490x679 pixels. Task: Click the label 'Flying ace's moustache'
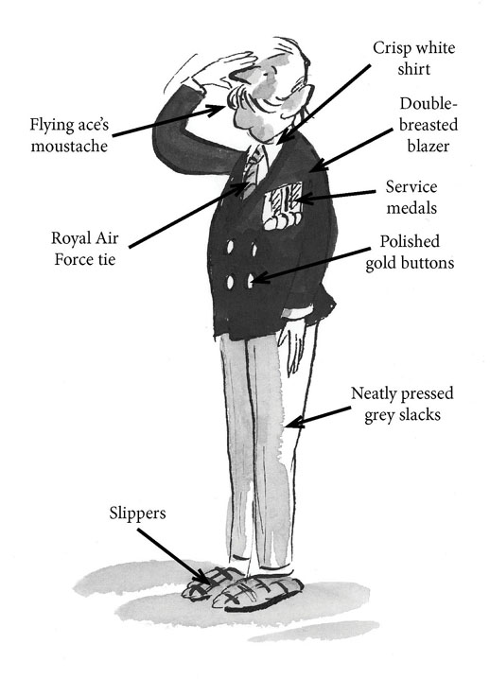(x=69, y=135)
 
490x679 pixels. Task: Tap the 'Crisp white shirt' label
(x=413, y=59)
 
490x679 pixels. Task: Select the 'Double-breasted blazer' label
(x=429, y=125)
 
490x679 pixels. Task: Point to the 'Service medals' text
(x=411, y=197)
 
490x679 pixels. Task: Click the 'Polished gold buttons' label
(x=410, y=252)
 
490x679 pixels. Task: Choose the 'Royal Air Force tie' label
(x=85, y=249)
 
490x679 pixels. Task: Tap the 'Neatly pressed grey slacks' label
(x=402, y=404)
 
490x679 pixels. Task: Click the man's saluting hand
(x=221, y=72)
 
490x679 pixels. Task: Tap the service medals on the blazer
(x=283, y=206)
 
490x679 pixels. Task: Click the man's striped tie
(x=253, y=173)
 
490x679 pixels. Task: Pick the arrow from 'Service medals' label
(x=335, y=196)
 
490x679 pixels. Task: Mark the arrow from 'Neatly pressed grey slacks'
(x=318, y=417)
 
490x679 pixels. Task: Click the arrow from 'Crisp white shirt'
(x=324, y=104)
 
